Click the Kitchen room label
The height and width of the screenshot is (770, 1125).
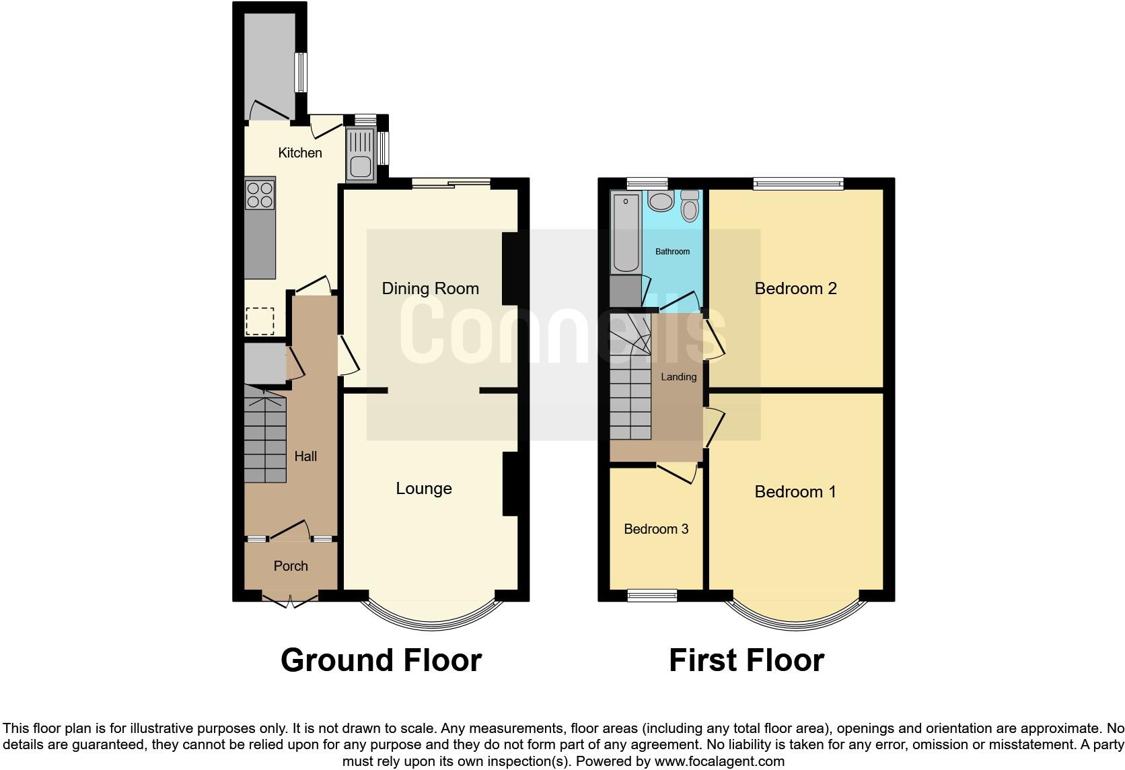coord(300,153)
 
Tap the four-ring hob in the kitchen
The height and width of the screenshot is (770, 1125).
coord(260,194)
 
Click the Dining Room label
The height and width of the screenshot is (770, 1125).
coord(430,289)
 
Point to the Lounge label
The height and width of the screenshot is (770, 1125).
coord(423,489)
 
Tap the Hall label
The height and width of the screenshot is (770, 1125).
coord(305,456)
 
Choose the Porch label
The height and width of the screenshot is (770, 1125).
coord(291,566)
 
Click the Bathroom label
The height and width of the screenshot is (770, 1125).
coord(672,252)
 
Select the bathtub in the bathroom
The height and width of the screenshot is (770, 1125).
coord(625,232)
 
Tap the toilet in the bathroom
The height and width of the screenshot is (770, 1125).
coord(690,206)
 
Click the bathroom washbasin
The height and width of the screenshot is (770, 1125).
coord(660,201)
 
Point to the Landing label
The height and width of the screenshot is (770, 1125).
coord(678,377)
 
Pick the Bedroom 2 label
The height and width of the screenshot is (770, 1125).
coord(795,289)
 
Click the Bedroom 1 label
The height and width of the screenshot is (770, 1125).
coord(795,492)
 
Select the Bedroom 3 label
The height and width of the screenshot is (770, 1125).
coord(656,529)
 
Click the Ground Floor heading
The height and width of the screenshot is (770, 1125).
coord(381,660)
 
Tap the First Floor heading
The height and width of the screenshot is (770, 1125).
coord(746,660)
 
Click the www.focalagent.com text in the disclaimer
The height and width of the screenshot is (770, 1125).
coord(719,761)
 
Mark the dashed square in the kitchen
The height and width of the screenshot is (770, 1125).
coord(260,321)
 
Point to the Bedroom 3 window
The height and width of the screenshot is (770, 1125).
coord(652,595)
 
